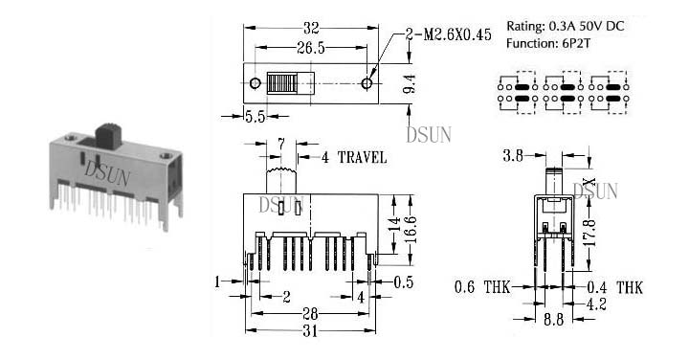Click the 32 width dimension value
click(311, 29)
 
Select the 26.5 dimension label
click(311, 48)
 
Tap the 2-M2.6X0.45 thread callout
click(449, 34)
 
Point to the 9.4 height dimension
click(410, 83)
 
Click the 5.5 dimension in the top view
click(256, 117)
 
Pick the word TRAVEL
click(362, 157)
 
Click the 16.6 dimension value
click(410, 230)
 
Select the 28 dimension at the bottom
click(310, 313)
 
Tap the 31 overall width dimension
click(310, 330)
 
